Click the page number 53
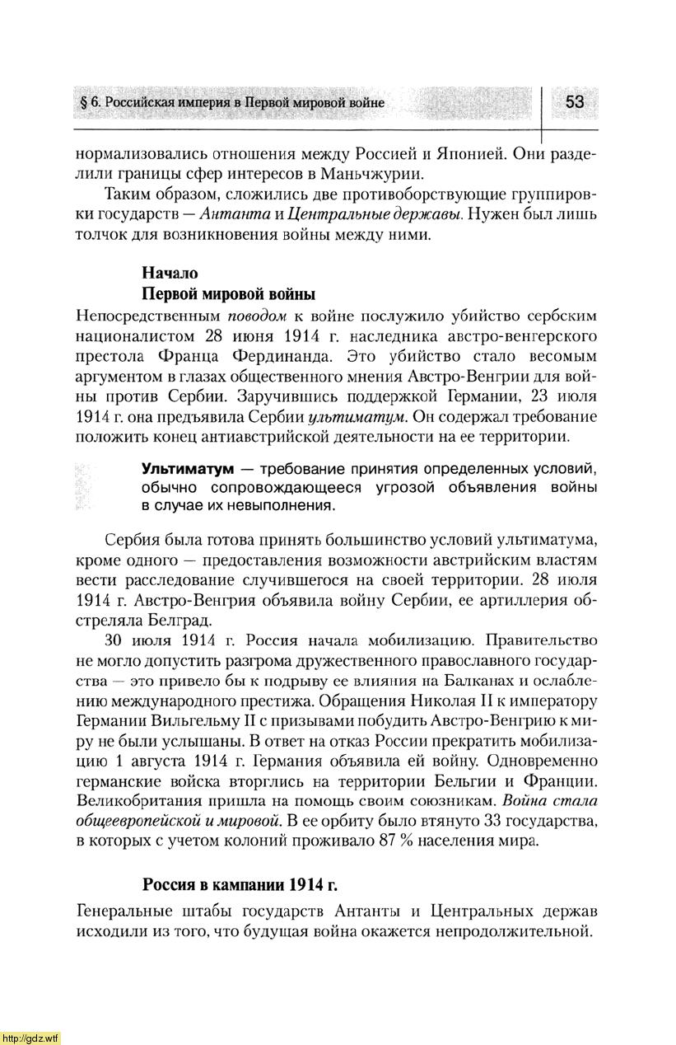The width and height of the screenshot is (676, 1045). coord(574,102)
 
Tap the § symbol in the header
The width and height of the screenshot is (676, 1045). coord(81,103)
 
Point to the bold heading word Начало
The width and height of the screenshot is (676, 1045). coord(170,273)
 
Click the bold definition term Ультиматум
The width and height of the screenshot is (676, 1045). coord(188,469)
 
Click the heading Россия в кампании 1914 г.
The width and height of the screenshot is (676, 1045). coord(240,885)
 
